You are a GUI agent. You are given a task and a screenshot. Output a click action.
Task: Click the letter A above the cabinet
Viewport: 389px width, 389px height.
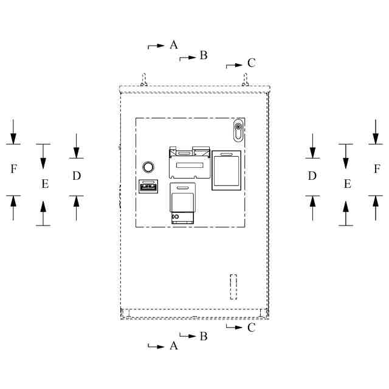click(x=174, y=45)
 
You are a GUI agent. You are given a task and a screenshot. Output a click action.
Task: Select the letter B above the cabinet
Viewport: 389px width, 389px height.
click(x=204, y=55)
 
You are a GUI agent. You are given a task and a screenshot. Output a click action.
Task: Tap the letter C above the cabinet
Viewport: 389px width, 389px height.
click(x=251, y=63)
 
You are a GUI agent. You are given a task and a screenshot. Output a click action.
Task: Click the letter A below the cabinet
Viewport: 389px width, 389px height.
click(x=174, y=346)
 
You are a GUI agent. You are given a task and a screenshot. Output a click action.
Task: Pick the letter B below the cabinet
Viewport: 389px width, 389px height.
click(x=204, y=336)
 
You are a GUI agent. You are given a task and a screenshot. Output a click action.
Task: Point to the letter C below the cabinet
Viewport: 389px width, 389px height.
click(x=251, y=328)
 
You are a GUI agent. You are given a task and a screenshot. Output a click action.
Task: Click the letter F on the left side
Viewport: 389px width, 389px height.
click(x=14, y=169)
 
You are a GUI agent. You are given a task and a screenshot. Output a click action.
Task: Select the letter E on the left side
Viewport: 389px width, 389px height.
click(x=45, y=184)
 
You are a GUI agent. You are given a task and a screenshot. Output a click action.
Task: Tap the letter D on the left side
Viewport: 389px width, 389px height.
click(x=77, y=176)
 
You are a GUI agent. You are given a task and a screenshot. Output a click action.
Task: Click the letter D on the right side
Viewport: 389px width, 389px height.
click(x=312, y=176)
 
